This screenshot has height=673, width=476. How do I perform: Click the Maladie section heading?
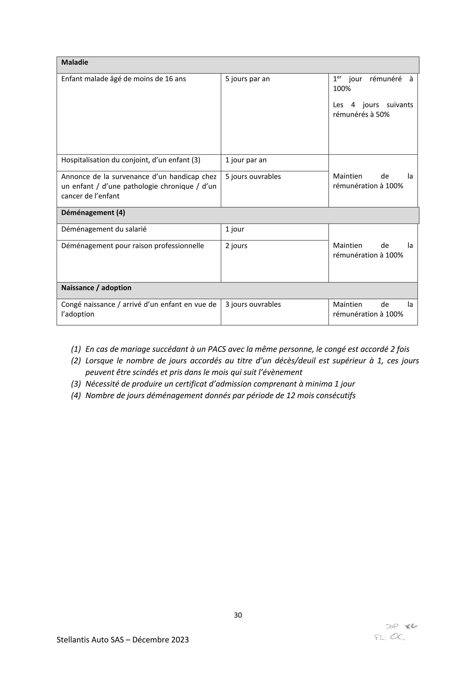tap(75, 62)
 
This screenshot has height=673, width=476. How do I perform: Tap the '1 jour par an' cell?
tap(246, 160)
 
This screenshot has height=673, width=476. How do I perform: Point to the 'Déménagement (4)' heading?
tap(93, 213)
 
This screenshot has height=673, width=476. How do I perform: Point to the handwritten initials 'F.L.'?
tap(380, 638)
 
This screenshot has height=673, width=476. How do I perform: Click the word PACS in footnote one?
tap(217, 349)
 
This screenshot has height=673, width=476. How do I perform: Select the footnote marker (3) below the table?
tap(76, 384)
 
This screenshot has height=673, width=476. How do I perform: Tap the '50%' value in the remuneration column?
tap(383, 115)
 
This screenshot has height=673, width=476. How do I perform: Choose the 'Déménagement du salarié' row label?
tap(104, 229)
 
